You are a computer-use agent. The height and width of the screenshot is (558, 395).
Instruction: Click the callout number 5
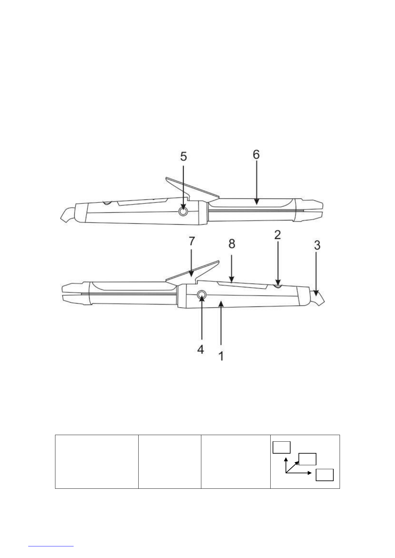pyautogui.click(x=183, y=157)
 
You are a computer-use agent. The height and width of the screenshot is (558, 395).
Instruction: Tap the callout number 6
pyautogui.click(x=256, y=155)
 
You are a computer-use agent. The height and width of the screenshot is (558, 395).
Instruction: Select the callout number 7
pyautogui.click(x=191, y=241)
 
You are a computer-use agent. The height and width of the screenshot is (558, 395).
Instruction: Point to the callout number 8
pyautogui.click(x=232, y=244)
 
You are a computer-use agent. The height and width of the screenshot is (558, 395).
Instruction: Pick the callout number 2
pyautogui.click(x=278, y=235)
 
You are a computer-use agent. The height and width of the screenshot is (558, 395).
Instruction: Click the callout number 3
pyautogui.click(x=317, y=245)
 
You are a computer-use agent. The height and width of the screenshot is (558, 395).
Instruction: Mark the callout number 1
pyautogui.click(x=221, y=356)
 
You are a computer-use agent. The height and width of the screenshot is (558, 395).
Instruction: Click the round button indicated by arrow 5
pyautogui.click(x=183, y=211)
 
